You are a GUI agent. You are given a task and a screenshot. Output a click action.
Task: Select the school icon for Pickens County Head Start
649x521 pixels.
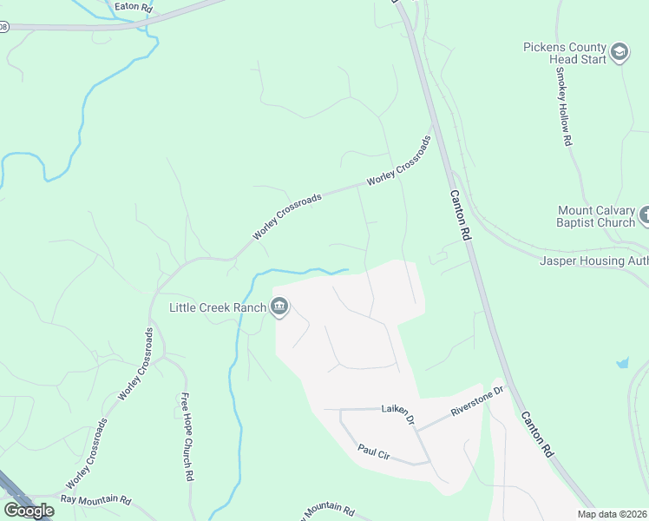(x=619, y=53)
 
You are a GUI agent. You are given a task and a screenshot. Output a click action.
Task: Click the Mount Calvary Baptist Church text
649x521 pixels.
(x=597, y=216)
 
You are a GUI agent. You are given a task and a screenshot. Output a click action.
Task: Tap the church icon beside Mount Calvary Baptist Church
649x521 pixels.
(x=645, y=214)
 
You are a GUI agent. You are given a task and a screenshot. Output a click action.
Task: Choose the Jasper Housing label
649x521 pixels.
(x=593, y=260)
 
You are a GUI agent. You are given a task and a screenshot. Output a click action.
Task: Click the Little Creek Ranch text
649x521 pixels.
(x=220, y=307)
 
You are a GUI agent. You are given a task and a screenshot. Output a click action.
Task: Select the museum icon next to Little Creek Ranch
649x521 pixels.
(x=279, y=307)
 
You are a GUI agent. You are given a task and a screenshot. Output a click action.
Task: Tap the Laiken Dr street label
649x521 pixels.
(x=399, y=409)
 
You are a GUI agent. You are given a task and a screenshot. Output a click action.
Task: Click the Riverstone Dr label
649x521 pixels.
(x=476, y=406)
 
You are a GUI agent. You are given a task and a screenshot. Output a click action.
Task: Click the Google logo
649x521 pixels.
(x=29, y=511)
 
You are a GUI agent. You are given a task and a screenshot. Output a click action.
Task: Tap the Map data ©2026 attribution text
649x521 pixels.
(x=612, y=514)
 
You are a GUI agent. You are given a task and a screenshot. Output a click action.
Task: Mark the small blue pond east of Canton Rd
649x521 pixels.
(x=622, y=362)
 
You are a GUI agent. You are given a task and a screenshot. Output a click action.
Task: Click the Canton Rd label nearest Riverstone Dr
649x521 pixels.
(x=536, y=434)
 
